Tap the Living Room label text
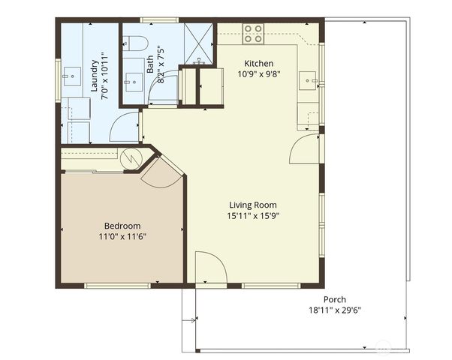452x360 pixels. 253,205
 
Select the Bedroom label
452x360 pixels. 122,226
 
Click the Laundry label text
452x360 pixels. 95,74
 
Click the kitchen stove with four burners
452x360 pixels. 254,34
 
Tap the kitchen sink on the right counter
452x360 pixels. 308,78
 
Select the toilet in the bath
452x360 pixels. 134,45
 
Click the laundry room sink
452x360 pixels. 74,75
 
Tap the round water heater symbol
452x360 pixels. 131,158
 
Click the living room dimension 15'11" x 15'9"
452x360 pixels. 253,216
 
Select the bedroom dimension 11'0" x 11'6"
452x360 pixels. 122,237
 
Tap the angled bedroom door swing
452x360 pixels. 160,173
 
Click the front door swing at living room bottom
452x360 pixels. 209,268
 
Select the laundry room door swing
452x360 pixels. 125,127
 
